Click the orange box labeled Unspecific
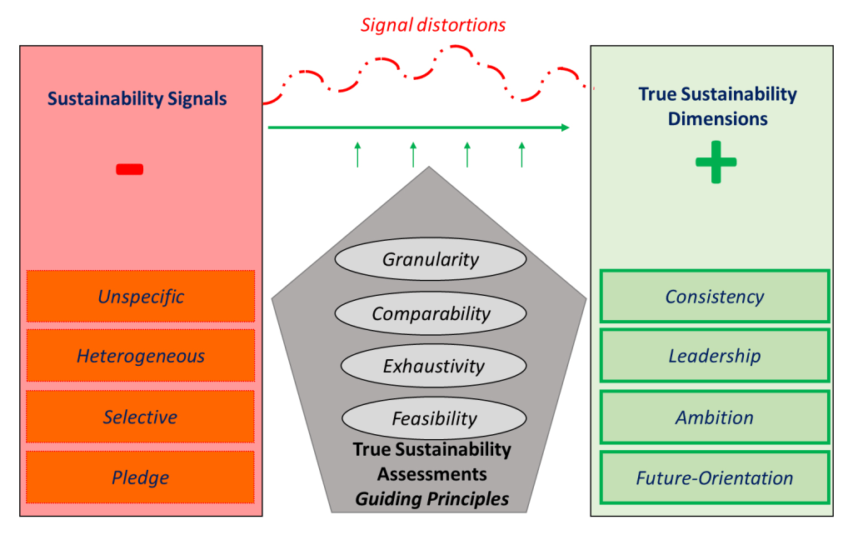tap(140, 296)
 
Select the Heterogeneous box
tap(140, 356)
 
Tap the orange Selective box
tap(140, 417)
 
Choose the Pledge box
tap(140, 477)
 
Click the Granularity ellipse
tap(431, 259)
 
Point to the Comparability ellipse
tap(431, 313)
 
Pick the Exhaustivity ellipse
tap(433, 366)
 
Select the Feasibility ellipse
tap(434, 418)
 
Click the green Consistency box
tap(714, 296)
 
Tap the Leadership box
tap(714, 356)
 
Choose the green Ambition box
tap(714, 417)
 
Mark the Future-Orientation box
tap(714, 477)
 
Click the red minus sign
tap(129, 169)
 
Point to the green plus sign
tap(716, 163)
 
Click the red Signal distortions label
tap(432, 25)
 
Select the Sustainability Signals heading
tap(137, 98)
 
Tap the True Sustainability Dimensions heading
tap(717, 106)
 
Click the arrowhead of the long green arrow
tap(566, 127)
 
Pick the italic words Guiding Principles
tap(431, 500)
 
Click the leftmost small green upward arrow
tap(357, 154)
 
